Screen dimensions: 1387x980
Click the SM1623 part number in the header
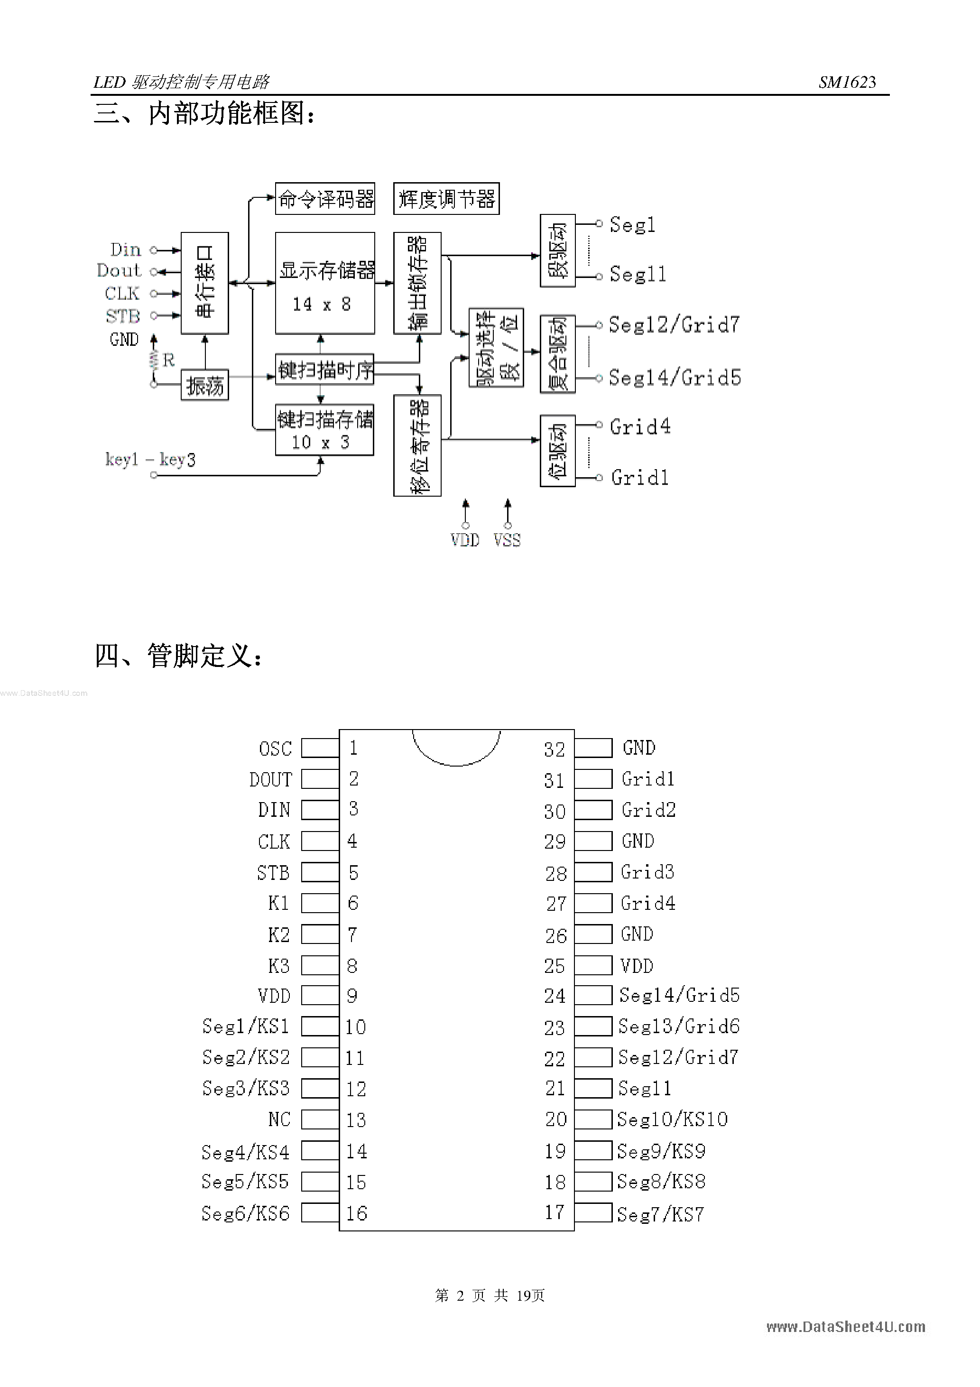(847, 82)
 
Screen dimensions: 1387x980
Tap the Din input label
(125, 250)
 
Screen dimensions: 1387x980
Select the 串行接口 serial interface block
(205, 283)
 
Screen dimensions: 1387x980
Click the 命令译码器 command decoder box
(325, 199)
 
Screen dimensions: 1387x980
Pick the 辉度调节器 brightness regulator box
(446, 199)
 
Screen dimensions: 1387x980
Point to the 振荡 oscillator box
(205, 385)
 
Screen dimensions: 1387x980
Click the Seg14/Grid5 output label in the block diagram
(674, 378)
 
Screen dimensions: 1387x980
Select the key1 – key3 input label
(150, 460)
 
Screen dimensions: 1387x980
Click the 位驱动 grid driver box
(557, 451)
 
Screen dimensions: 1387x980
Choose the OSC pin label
(276, 749)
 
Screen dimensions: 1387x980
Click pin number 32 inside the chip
(554, 749)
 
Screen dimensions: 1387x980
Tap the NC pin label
(279, 1119)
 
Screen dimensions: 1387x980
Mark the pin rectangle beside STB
(320, 872)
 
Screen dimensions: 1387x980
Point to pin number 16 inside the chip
(357, 1213)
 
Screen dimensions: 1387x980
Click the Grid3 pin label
(647, 872)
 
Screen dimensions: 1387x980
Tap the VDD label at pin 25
(637, 966)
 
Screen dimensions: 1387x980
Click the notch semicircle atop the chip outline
(456, 749)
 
